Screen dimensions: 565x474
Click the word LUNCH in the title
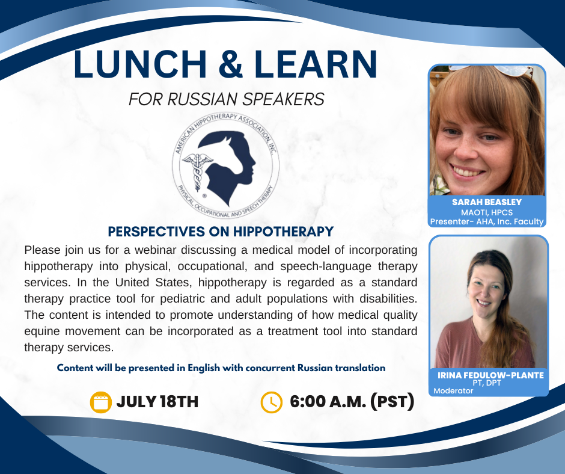(x=140, y=64)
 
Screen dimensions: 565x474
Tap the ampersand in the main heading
(x=230, y=64)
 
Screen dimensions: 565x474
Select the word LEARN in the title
(x=316, y=64)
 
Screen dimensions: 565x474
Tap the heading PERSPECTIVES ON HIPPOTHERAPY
(x=221, y=232)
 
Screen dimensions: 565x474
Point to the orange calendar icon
(x=100, y=402)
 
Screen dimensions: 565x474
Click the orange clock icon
(x=271, y=402)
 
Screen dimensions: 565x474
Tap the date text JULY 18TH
(x=157, y=402)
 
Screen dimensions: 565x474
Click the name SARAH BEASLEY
(x=487, y=202)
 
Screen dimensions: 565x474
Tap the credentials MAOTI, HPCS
(x=487, y=212)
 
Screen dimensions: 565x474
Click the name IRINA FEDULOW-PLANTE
(x=490, y=375)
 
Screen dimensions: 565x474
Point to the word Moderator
(x=453, y=390)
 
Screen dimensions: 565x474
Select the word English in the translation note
(x=204, y=368)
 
